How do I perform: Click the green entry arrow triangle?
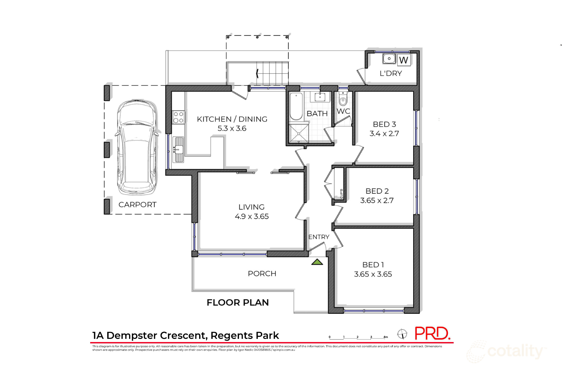point(317,262)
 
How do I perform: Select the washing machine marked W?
point(403,60)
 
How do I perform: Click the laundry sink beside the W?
point(389,59)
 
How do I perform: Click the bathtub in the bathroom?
point(296,106)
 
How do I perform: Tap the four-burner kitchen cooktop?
point(178,117)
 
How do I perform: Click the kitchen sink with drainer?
point(178,149)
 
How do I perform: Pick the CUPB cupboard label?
point(341,193)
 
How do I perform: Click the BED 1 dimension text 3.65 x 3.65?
point(373,274)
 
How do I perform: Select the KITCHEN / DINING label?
point(232,119)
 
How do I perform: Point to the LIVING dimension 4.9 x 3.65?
point(252,217)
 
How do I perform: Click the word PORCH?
point(262,274)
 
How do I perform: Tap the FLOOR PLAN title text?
point(238,302)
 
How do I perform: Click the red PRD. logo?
point(432,334)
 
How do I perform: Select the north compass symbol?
point(402,334)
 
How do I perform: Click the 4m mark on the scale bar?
point(385,337)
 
